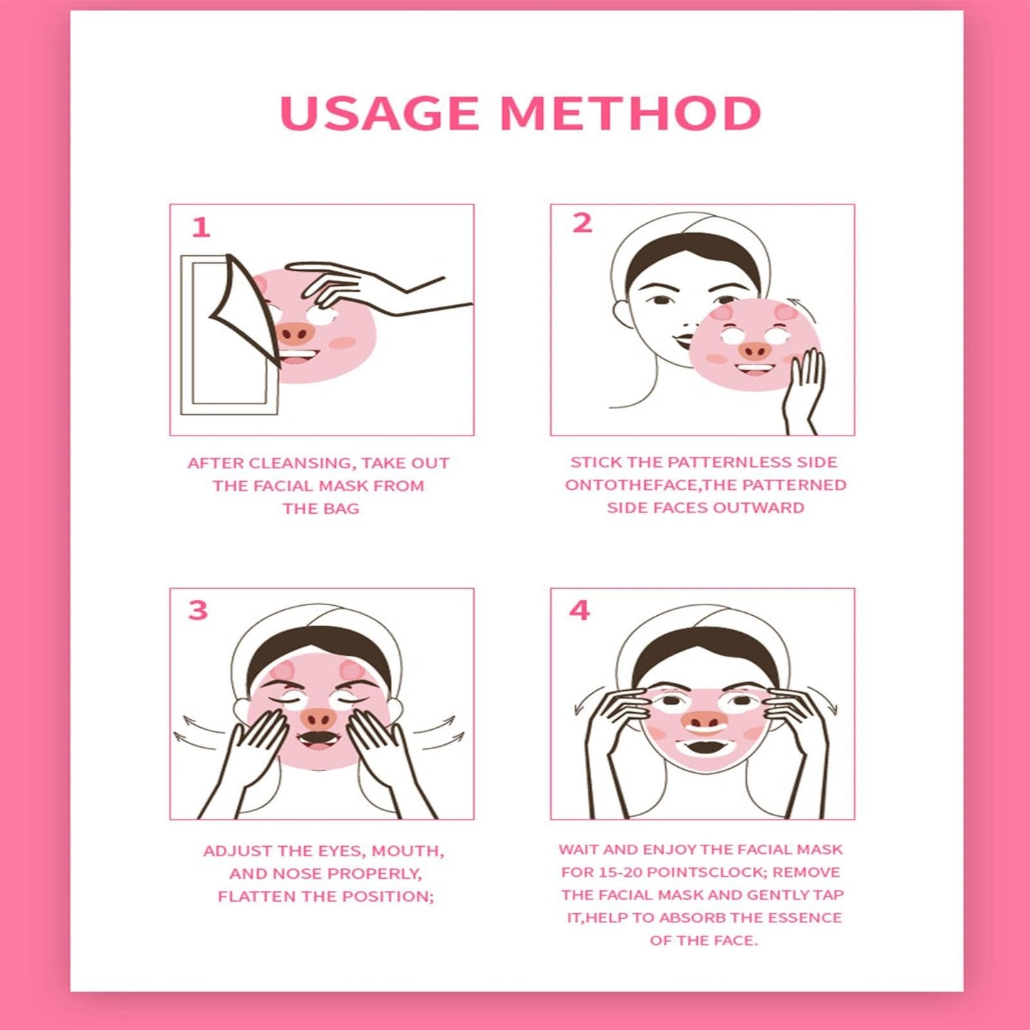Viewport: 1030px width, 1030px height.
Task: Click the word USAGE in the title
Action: [x=379, y=113]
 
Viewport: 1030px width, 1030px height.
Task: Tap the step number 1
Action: [x=201, y=228]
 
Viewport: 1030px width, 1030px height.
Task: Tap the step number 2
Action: [x=582, y=223]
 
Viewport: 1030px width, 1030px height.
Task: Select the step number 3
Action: [x=197, y=610]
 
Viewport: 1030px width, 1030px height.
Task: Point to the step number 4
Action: [x=580, y=610]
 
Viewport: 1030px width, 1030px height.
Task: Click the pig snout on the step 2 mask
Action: [x=755, y=351]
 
